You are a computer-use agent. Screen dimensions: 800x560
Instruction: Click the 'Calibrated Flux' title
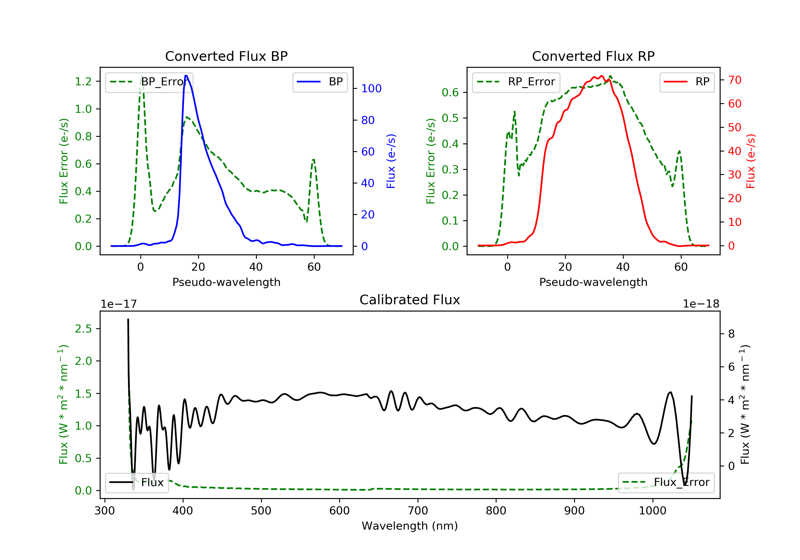click(x=410, y=300)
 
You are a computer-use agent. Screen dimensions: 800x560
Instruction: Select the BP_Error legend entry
click(x=149, y=82)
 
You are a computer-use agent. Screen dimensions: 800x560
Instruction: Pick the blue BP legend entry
click(x=320, y=82)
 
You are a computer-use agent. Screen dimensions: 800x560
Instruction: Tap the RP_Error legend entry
click(x=516, y=82)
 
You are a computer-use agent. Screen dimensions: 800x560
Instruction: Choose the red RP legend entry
click(x=687, y=82)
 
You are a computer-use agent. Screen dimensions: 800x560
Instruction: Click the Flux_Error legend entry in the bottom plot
click(x=666, y=482)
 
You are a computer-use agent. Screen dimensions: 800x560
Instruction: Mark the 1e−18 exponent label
click(x=701, y=304)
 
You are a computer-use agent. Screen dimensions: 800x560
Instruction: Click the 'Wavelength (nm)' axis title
click(x=410, y=526)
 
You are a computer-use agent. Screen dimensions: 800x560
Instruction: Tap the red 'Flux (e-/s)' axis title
click(x=750, y=161)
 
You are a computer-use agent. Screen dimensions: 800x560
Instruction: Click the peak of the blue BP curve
click(x=186, y=76)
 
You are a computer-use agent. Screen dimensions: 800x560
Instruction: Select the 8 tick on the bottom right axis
click(x=731, y=334)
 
